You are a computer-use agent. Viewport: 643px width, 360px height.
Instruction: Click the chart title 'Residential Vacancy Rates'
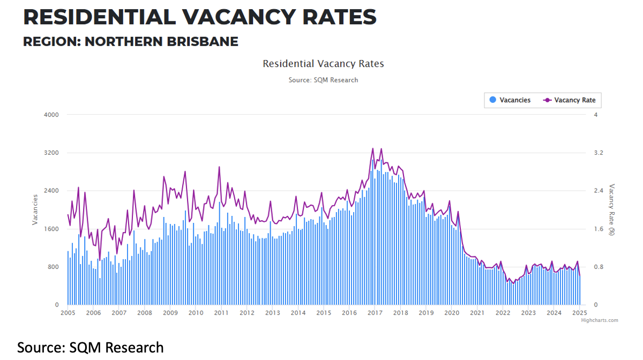[323, 64]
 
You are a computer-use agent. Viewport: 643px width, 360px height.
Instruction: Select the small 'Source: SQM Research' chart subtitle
[323, 80]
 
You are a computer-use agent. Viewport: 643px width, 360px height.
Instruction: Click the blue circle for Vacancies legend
[492, 100]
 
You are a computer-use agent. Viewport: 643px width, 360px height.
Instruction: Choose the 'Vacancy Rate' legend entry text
[574, 100]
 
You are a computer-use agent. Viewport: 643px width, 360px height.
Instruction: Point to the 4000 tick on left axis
[52, 115]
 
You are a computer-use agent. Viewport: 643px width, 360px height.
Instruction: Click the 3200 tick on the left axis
[52, 153]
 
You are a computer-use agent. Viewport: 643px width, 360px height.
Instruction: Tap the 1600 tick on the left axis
[52, 229]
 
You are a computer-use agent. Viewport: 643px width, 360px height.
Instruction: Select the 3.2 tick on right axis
[599, 153]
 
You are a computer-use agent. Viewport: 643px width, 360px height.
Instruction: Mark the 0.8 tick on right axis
[599, 267]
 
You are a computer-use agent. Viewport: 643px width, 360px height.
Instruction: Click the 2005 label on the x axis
[68, 313]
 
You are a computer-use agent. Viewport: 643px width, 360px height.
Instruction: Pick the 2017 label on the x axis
[375, 313]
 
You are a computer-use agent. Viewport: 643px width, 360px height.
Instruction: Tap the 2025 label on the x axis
[579, 313]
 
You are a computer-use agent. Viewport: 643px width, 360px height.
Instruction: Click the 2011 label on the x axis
[221, 313]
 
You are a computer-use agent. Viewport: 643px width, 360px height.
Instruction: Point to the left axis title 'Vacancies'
[35, 209]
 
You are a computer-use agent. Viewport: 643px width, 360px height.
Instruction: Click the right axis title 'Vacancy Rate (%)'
[611, 209]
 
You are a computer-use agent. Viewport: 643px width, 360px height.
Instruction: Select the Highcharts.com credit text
[599, 320]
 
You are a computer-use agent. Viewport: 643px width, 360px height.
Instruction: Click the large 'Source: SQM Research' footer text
[90, 347]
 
